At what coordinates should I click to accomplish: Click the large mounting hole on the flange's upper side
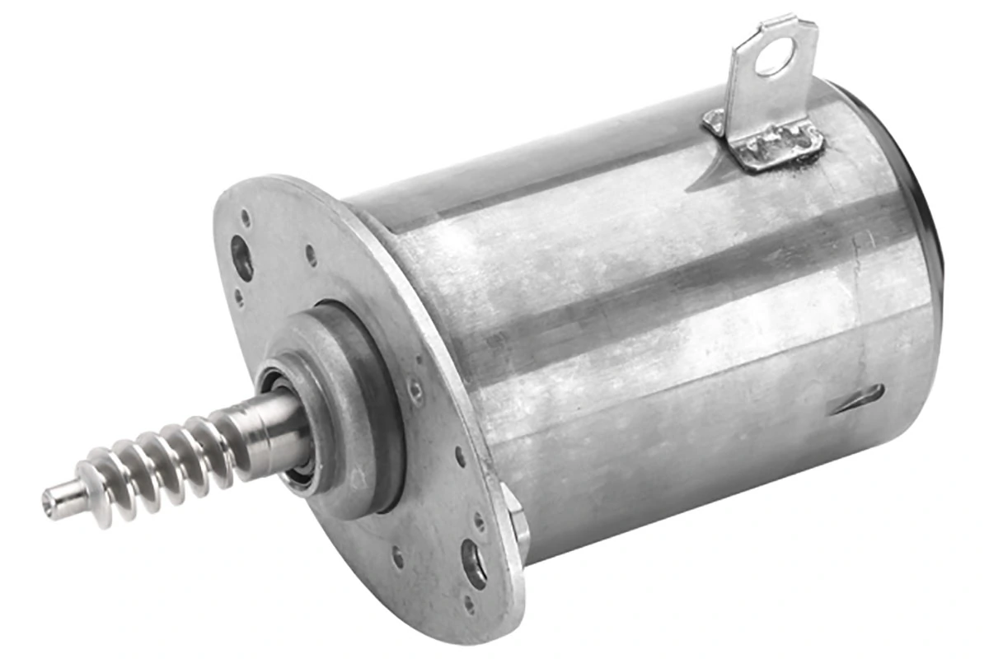(x=242, y=258)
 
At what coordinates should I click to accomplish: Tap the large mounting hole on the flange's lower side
(x=475, y=563)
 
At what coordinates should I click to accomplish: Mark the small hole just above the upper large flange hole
(x=245, y=218)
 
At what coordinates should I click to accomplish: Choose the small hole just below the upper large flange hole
(x=239, y=294)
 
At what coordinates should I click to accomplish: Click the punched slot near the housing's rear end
(x=857, y=399)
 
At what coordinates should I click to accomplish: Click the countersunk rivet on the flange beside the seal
(x=417, y=390)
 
